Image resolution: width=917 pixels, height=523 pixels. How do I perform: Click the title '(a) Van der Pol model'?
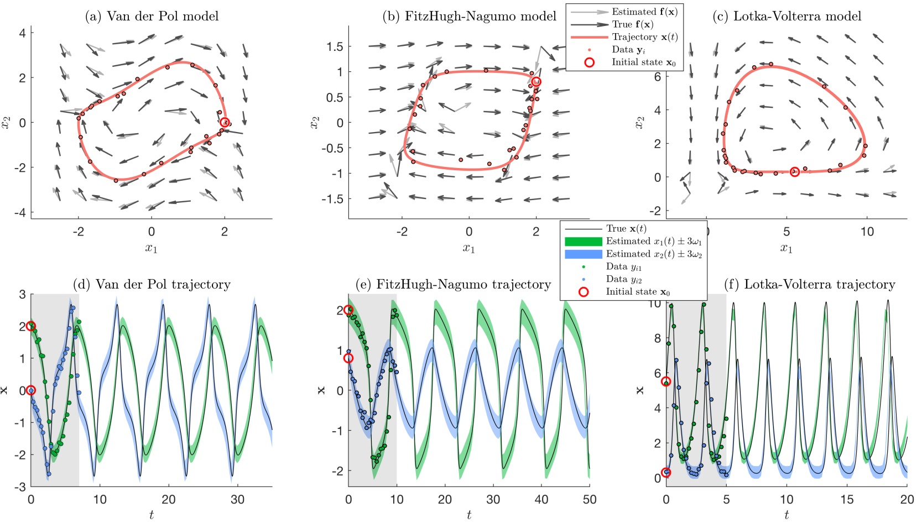152,16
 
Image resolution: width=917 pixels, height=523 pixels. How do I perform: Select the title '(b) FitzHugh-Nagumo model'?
469,16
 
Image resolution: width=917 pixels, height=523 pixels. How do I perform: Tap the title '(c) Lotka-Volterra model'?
786,16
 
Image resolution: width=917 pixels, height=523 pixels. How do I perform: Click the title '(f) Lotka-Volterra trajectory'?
809,284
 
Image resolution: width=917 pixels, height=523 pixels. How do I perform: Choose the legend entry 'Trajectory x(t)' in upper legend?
644,37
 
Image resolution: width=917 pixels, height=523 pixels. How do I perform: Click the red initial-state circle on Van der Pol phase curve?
224,122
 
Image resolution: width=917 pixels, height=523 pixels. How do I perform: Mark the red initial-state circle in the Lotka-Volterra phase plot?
794,172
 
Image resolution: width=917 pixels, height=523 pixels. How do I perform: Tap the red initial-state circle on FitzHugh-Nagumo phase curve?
536,82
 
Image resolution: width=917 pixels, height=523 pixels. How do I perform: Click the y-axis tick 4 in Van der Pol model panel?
22,33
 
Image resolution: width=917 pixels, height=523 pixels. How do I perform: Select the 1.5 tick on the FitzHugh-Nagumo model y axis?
335,46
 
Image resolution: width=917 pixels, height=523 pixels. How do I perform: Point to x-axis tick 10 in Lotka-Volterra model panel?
867,232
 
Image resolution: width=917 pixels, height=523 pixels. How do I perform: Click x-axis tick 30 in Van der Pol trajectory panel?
237,499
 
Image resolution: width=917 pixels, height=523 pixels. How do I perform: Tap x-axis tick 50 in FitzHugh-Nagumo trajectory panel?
589,499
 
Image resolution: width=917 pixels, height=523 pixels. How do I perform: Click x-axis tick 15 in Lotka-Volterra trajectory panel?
847,499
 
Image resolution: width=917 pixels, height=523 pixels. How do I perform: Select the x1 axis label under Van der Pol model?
151,248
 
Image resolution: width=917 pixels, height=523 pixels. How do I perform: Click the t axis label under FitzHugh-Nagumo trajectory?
468,515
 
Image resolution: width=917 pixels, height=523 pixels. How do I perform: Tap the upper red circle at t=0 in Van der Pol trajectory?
31,326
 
